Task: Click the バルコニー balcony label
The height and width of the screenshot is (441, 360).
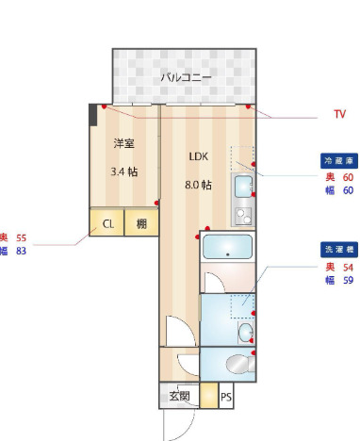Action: [184, 77]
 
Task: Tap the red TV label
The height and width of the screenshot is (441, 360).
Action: [339, 115]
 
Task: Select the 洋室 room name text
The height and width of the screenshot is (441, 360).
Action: [123, 144]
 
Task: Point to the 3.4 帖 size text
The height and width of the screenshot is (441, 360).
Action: [123, 172]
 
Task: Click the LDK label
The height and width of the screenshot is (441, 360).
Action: [198, 157]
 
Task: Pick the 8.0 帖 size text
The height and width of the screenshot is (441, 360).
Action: [198, 185]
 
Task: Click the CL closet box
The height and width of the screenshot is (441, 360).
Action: [107, 224]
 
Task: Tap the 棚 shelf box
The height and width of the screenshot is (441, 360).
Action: [140, 224]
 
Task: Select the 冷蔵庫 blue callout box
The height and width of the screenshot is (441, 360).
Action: [338, 161]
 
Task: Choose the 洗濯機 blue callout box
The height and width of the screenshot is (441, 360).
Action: [338, 251]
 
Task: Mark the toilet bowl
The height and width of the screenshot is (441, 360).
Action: [237, 365]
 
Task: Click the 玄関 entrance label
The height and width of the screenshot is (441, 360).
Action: [179, 397]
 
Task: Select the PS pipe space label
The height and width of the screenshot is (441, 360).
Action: [225, 397]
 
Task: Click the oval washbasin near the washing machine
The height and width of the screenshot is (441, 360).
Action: [246, 332]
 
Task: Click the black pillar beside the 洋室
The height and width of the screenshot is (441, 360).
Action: [93, 115]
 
